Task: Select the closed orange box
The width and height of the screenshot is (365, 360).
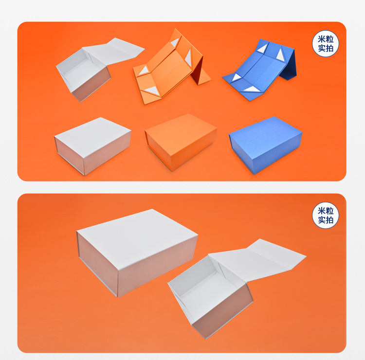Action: pos(181,141)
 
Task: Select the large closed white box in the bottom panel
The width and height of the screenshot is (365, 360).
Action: pos(136,251)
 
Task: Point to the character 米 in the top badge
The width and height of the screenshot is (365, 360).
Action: pos(321,39)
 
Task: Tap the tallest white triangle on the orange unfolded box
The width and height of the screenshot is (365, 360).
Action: pos(188,59)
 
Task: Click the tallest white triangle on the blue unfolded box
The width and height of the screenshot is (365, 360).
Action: pos(281,54)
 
